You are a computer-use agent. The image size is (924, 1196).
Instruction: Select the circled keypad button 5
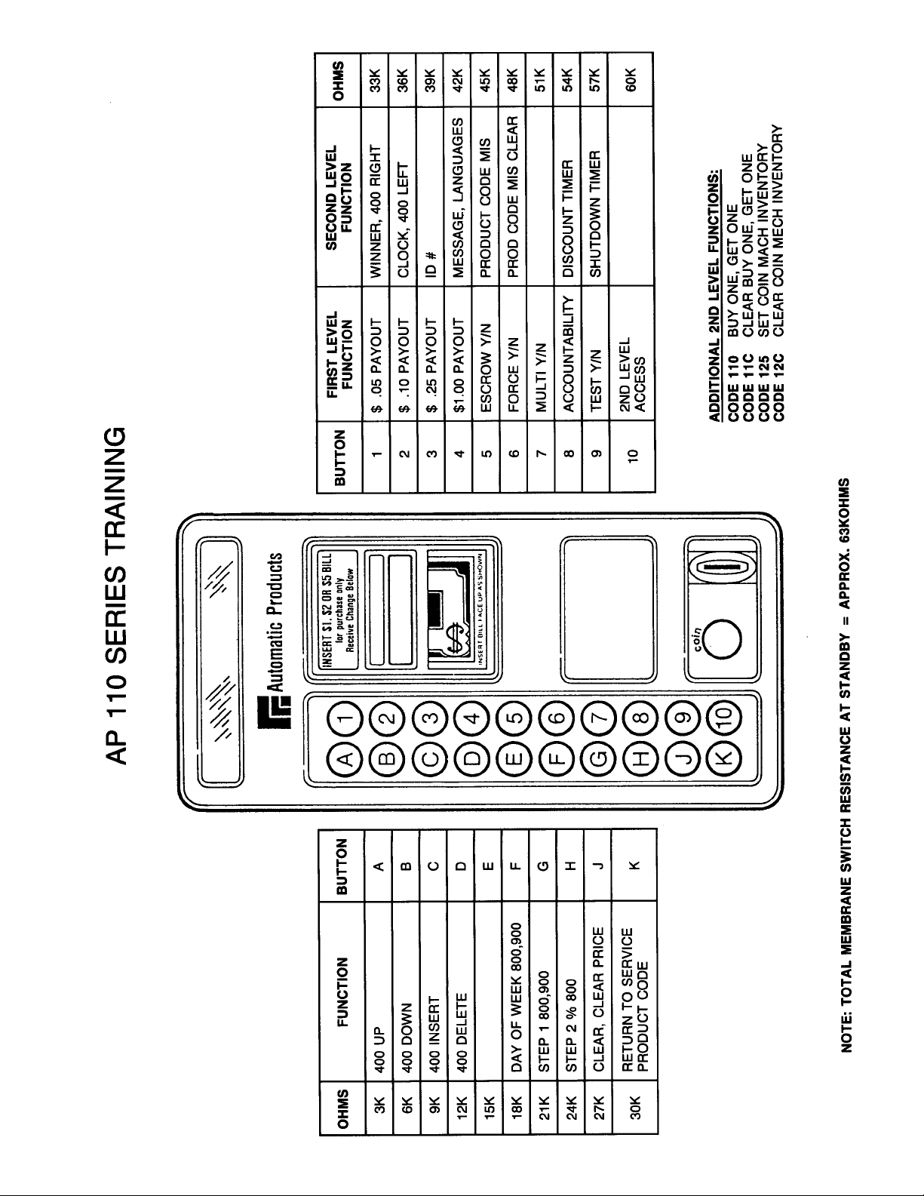point(514,712)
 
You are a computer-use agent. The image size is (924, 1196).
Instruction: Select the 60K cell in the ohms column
point(632,78)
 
